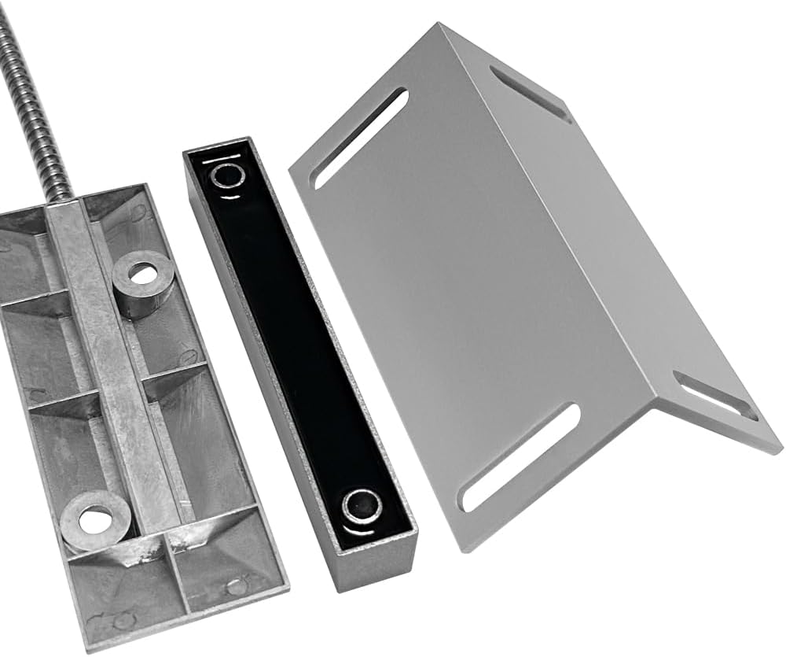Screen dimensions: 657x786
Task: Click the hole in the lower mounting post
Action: pos(96,519)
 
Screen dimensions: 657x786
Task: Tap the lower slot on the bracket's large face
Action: pos(521,457)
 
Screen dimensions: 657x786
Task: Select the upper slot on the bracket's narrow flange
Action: pos(531,93)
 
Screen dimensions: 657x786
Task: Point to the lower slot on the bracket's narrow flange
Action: pos(717,397)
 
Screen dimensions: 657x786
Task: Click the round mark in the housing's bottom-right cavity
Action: pos(236,586)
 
